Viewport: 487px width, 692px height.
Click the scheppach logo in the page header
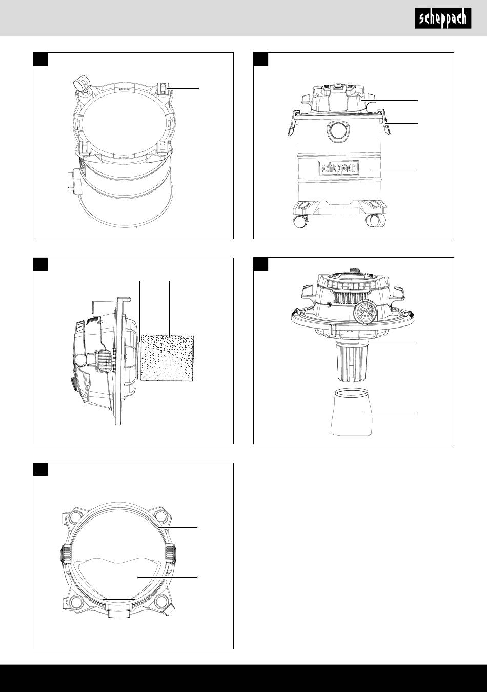point(443,18)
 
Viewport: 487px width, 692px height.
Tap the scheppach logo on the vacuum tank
point(339,168)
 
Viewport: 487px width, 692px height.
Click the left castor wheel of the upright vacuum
point(300,221)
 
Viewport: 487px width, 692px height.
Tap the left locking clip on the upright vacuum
point(291,123)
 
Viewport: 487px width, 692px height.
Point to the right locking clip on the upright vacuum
point(384,122)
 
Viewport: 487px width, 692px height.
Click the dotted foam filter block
point(167,358)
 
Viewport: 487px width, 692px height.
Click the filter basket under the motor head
point(351,361)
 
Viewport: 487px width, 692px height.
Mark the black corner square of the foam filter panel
point(40,264)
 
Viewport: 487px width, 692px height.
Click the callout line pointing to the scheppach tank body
point(394,170)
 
